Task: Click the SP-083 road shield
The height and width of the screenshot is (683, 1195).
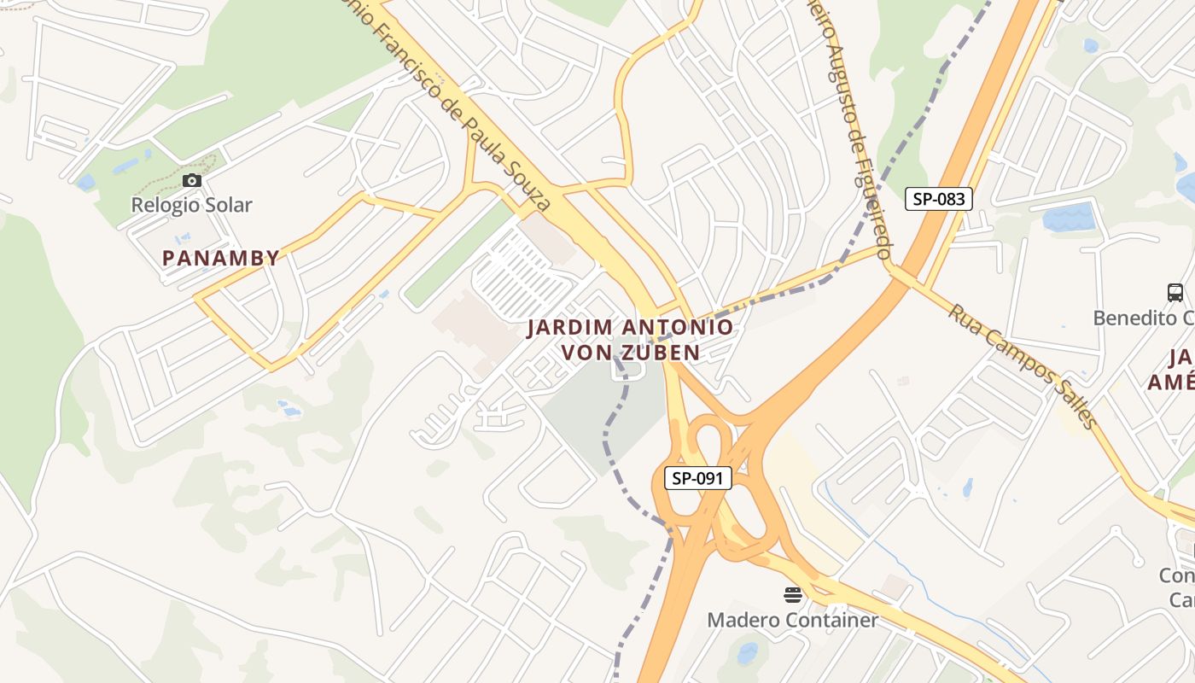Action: coord(938,199)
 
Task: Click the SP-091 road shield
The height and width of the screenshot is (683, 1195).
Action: coord(697,478)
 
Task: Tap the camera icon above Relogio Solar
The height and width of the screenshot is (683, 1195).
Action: coord(192,180)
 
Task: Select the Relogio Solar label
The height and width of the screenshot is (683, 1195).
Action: coord(191,205)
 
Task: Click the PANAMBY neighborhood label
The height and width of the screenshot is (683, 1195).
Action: coord(221,258)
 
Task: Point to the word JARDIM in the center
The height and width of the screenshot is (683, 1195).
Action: coord(568,327)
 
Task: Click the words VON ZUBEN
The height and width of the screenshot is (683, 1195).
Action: coord(630,352)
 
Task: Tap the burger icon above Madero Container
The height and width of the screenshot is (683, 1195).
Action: coord(793,594)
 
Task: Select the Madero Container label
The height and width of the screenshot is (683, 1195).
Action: coord(792,620)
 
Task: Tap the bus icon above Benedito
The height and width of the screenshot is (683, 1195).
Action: coord(1175,293)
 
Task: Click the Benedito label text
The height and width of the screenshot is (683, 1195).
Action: coord(1144,318)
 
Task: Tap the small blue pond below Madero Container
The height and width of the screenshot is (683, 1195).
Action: coord(747,654)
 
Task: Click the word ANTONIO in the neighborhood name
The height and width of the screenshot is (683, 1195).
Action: coord(678,327)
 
